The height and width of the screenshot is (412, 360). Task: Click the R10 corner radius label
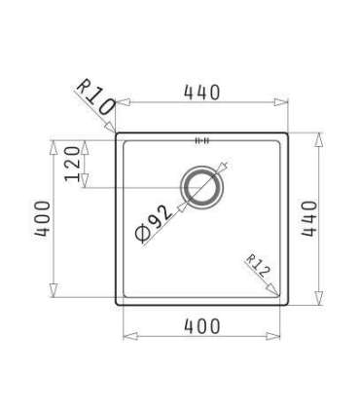[93, 96]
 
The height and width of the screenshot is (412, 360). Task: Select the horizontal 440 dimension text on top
[201, 93]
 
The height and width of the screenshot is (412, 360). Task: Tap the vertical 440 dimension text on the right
[309, 219]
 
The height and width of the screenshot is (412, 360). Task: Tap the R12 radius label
[256, 264]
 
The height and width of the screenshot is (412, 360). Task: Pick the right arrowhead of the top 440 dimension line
[284, 101]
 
